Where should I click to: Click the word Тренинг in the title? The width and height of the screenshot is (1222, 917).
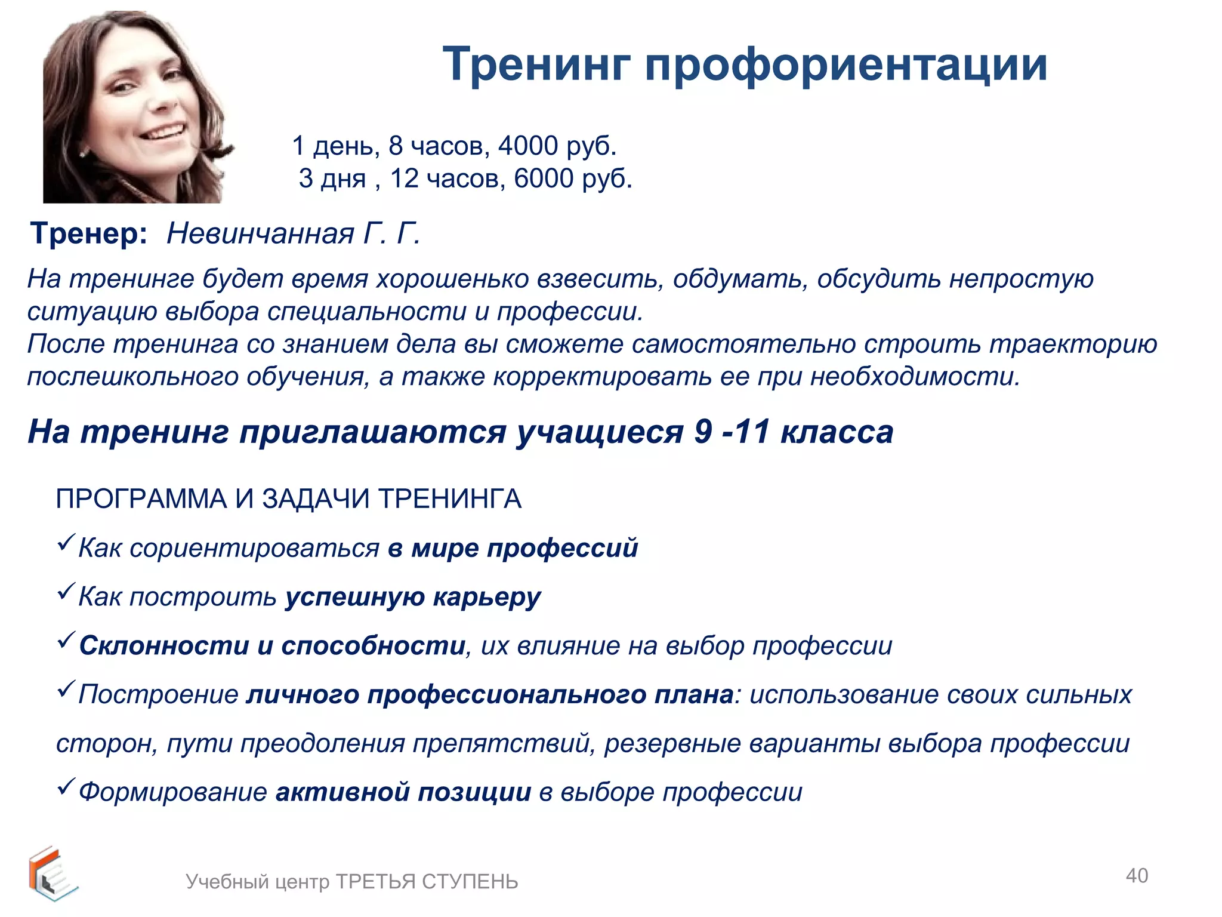point(536,64)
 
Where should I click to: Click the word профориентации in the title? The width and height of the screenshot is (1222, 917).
point(845,64)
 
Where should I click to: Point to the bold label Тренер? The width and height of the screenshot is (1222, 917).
point(89,233)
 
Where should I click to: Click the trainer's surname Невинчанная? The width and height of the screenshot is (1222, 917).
point(260,233)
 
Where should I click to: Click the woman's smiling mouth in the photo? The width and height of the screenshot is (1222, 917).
point(163,131)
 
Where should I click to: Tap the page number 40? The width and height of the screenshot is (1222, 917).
point(1137,876)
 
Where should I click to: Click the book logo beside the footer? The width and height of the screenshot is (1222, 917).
point(51,873)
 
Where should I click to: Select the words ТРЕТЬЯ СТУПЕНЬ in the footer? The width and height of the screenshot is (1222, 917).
point(427,882)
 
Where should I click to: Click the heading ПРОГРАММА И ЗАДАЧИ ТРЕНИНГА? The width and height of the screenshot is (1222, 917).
point(288,499)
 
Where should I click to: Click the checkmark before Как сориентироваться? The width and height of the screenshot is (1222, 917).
point(65,543)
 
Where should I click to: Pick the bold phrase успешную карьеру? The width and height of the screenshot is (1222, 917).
point(413,597)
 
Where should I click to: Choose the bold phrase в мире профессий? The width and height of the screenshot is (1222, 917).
point(513,548)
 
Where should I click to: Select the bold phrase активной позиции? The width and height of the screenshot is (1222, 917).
point(403,792)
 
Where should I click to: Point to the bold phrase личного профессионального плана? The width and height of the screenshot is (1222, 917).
point(490,695)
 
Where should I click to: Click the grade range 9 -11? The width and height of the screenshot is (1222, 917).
point(732,432)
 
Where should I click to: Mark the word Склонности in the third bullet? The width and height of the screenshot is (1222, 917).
point(164,646)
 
